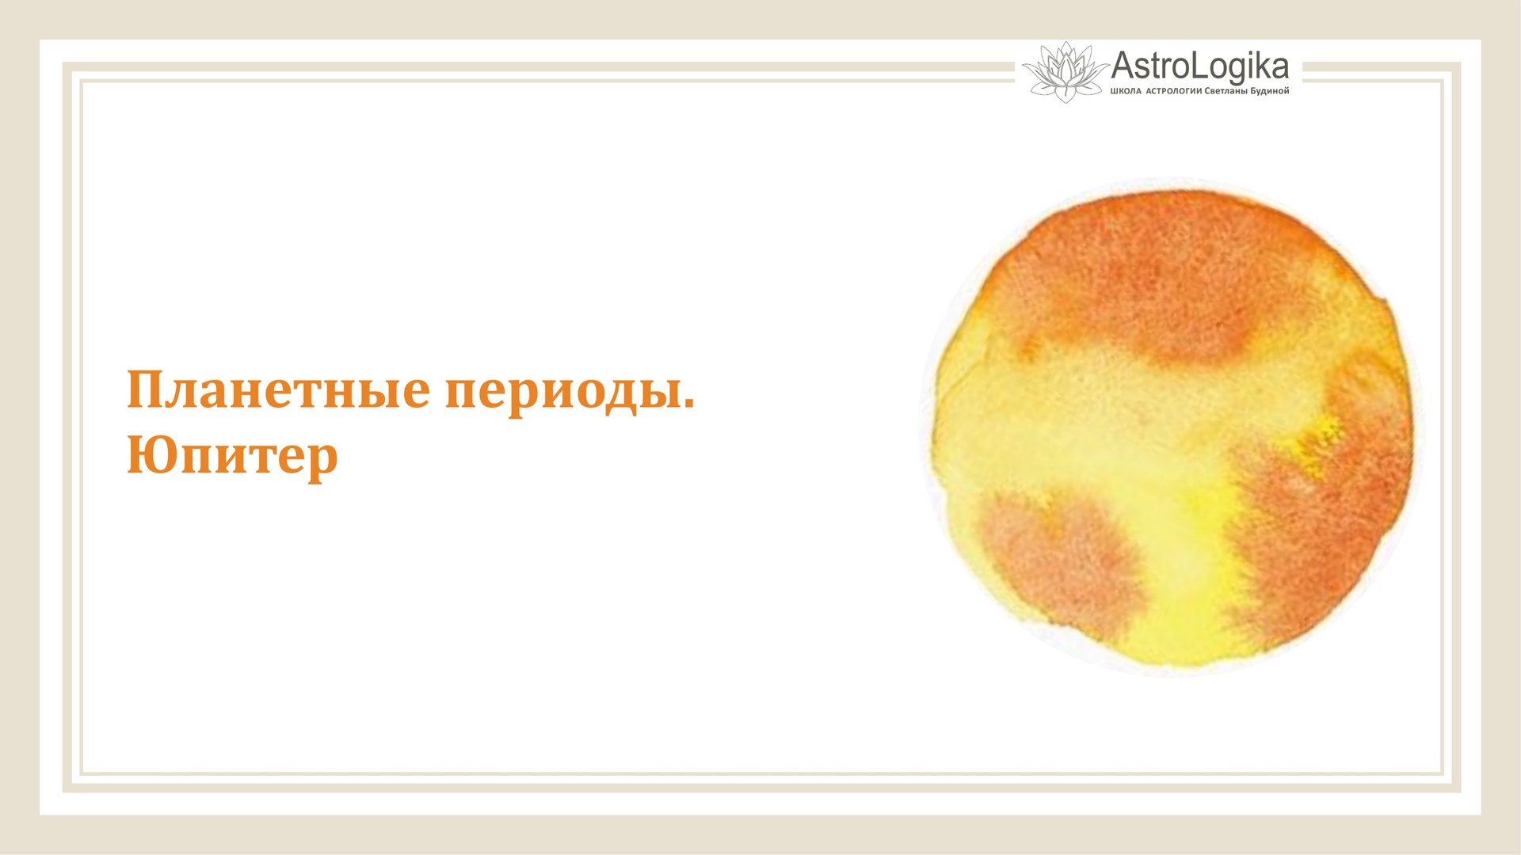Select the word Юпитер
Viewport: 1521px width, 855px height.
[x=232, y=457]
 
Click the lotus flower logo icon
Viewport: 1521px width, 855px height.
[x=1065, y=72]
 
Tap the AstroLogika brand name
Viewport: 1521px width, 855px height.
[x=1199, y=66]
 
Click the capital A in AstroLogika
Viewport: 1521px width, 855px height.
[x=1124, y=66]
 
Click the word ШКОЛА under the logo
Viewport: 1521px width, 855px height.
[x=1126, y=91]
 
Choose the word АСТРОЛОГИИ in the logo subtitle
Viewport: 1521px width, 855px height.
[x=1173, y=91]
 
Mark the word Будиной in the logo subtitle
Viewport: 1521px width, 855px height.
[x=1269, y=91]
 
